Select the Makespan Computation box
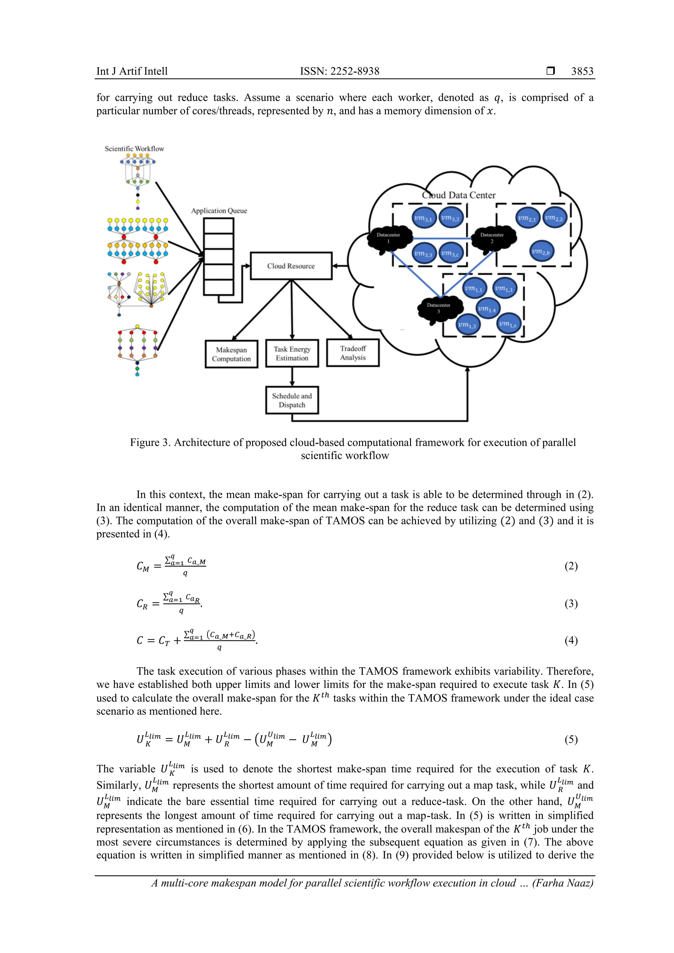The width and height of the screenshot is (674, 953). click(231, 354)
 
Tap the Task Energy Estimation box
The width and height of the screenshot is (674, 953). click(292, 353)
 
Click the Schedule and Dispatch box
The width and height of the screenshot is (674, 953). click(292, 400)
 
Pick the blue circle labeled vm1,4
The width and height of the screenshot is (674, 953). click(487, 309)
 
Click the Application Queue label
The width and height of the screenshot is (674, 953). click(219, 211)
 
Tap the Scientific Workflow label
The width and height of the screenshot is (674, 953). click(134, 149)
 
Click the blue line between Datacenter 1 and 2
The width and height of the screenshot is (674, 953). click(442, 239)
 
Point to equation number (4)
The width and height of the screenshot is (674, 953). click(571, 640)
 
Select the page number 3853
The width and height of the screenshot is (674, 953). click(582, 71)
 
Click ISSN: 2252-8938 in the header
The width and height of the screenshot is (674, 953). click(339, 71)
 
